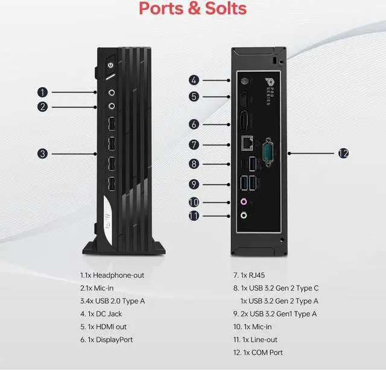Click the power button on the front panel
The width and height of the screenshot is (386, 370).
(x=110, y=65)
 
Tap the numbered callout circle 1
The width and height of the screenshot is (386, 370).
(x=42, y=92)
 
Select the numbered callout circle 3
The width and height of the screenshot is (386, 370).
(x=42, y=153)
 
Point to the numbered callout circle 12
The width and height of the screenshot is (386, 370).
(x=343, y=153)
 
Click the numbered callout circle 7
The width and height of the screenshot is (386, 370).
(x=194, y=144)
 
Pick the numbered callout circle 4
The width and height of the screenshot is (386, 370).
(x=194, y=80)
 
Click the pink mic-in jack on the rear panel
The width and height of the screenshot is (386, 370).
(x=244, y=202)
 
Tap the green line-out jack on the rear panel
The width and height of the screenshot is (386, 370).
(x=244, y=214)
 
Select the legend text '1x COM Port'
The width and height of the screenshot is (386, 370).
(x=258, y=352)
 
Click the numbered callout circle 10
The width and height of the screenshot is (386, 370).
(x=194, y=202)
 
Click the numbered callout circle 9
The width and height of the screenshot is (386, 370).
(x=194, y=183)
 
